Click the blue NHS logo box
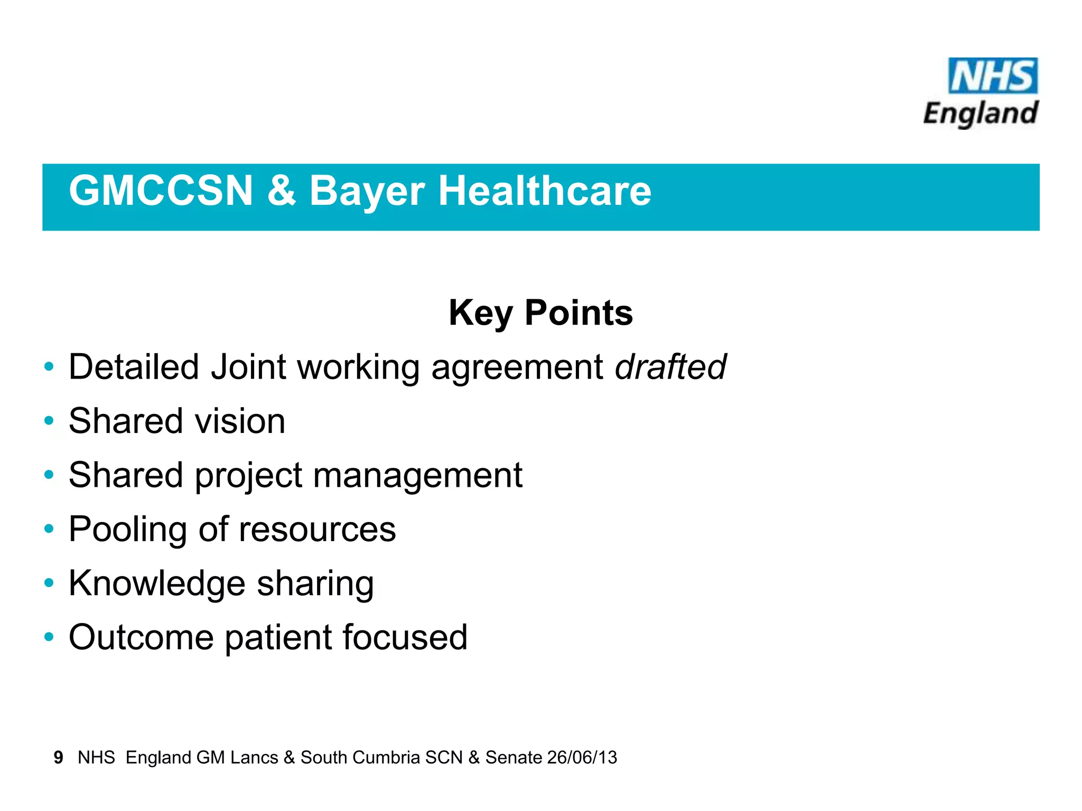pyautogui.click(x=992, y=76)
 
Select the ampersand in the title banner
pyautogui.click(x=281, y=191)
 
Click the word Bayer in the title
pyautogui.click(x=367, y=192)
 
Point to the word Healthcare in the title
pyautogui.click(x=545, y=191)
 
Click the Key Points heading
pyautogui.click(x=540, y=313)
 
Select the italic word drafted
pyautogui.click(x=670, y=367)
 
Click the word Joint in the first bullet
pyautogui.click(x=248, y=367)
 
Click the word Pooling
pyautogui.click(x=128, y=530)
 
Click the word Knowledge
pyautogui.click(x=157, y=584)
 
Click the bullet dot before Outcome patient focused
pyautogui.click(x=49, y=637)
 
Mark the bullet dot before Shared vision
pyautogui.click(x=49, y=421)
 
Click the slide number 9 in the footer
pyautogui.click(x=58, y=758)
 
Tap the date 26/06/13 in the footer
pyautogui.click(x=582, y=758)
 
